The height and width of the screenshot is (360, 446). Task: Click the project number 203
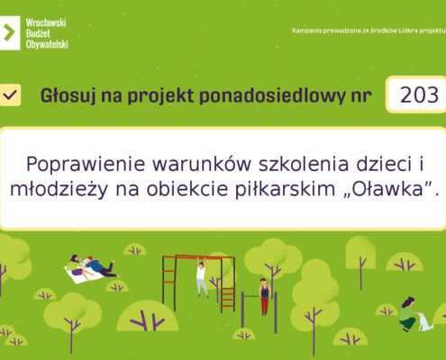pos(419,94)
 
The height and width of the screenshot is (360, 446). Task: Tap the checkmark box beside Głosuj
pos(10,95)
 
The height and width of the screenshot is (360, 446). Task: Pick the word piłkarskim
pos(285,189)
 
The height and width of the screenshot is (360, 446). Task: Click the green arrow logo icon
pos(9,32)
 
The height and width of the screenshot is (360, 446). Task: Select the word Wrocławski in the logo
pos(46,22)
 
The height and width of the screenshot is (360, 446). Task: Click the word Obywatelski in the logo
pos(47,44)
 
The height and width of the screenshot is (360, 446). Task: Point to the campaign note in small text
pos(369,31)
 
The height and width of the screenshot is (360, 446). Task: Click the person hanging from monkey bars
pos(202,276)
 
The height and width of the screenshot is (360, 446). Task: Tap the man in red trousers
pos(264,297)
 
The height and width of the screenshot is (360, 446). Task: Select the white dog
pos(425,322)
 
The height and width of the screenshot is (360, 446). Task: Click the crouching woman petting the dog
pos(409,314)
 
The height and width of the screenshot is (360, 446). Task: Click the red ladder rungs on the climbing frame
pos(228,298)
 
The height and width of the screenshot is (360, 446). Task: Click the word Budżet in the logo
pos(38,33)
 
